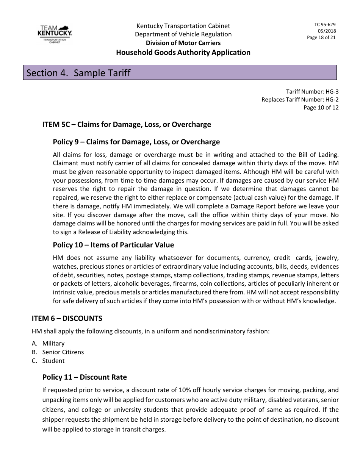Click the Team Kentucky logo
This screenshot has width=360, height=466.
pyautogui.click(x=55, y=34)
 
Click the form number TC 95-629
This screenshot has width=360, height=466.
pyautogui.click(x=325, y=25)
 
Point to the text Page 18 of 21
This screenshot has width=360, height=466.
pyautogui.click(x=321, y=38)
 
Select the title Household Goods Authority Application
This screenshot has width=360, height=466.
pyautogui.click(x=183, y=52)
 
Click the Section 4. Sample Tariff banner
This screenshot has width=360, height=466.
pyautogui.click(x=180, y=72)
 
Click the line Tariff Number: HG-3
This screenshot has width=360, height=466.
pyautogui.click(x=312, y=91)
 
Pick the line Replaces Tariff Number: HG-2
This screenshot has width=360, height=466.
pyautogui.click(x=300, y=99)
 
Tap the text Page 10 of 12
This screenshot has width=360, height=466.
pyautogui.click(x=321, y=107)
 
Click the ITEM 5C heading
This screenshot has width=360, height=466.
pyautogui.click(x=127, y=124)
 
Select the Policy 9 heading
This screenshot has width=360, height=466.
pyautogui.click(x=136, y=142)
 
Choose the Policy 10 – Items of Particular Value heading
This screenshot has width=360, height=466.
pyautogui.click(x=113, y=245)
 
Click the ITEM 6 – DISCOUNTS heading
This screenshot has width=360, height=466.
pyautogui.click(x=67, y=318)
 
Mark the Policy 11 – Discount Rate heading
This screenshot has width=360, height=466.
pyautogui.click(x=85, y=377)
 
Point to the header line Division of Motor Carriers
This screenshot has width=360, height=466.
pyautogui.click(x=183, y=43)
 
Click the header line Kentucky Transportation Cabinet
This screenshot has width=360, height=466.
pyautogui.click(x=183, y=26)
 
